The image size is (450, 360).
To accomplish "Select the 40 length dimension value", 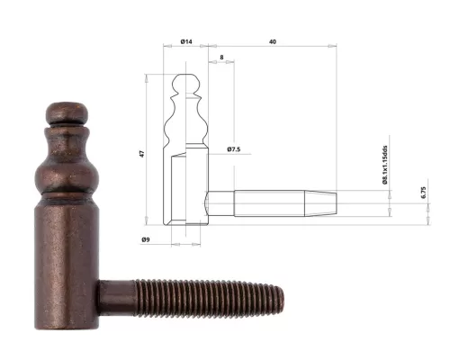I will (271, 41).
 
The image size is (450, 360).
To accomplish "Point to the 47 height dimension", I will (141, 154).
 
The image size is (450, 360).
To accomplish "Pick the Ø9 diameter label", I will (146, 238).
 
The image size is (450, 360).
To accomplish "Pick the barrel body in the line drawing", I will (187, 189).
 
